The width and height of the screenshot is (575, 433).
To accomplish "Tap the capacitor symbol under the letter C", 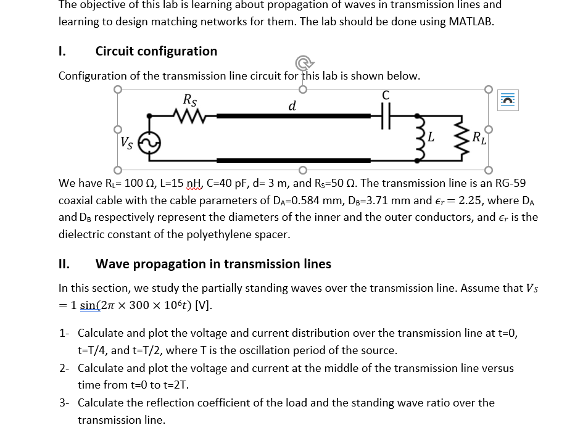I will [386, 115].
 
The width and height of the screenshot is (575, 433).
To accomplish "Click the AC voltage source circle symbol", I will [149, 143].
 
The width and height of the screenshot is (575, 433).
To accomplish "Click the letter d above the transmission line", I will [292, 105].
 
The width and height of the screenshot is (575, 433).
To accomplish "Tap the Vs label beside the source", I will [126, 143].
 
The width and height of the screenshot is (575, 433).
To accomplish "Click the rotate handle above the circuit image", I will [302, 62].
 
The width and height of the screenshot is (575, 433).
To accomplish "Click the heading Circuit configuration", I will [156, 51].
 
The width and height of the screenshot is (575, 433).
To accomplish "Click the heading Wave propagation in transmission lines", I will [213, 264].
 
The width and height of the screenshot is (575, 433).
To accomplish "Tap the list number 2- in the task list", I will [65, 368].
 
